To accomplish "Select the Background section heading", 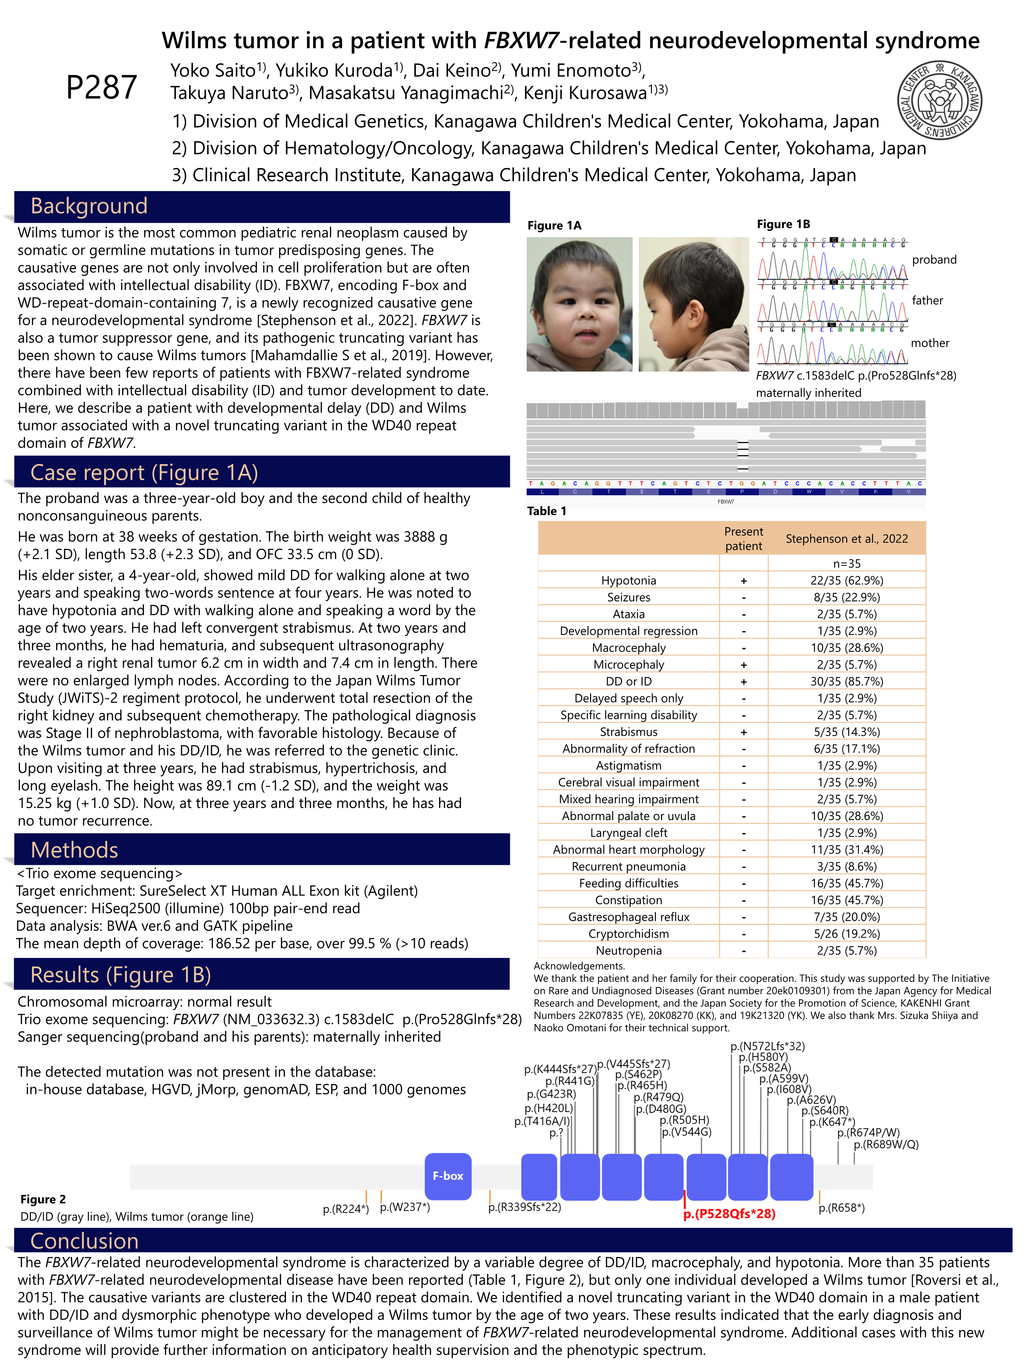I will (x=90, y=206).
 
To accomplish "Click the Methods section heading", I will (x=75, y=850).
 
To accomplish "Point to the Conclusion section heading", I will (x=84, y=1241).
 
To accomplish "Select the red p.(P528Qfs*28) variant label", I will (x=729, y=1214).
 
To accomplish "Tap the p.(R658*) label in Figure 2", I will (x=841, y=1207).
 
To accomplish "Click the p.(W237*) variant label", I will (x=405, y=1207).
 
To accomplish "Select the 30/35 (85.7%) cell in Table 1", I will (x=847, y=682).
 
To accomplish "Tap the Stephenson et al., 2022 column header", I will (x=847, y=538).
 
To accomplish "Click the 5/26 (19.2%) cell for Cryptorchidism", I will (x=847, y=934).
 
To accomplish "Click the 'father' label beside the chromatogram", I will (x=927, y=300).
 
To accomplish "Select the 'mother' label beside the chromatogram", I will (x=930, y=343).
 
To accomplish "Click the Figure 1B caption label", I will (x=783, y=224).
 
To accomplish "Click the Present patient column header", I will (x=743, y=538).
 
